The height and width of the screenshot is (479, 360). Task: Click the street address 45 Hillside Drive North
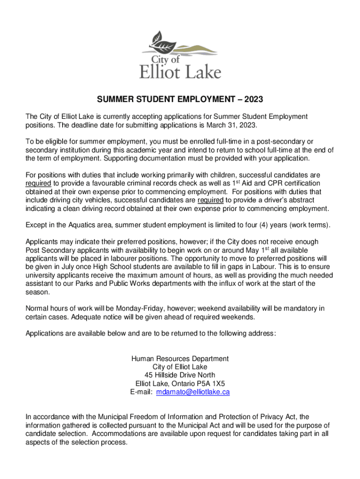coord(180,375)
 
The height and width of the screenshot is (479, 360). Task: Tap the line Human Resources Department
coord(180,358)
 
